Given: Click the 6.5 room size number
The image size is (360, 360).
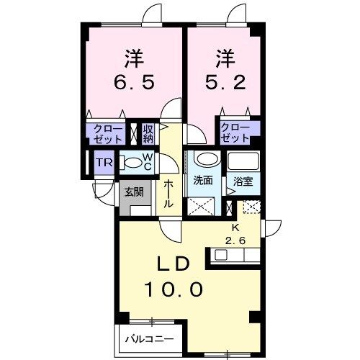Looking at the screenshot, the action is coord(133,82).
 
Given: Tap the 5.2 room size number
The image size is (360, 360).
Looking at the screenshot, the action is coord(225,82).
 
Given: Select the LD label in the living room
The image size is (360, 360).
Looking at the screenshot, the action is coord(174,264).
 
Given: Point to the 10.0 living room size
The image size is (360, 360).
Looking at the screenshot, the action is coord(174,289).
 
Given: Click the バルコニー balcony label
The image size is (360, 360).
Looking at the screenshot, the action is coord(150,339).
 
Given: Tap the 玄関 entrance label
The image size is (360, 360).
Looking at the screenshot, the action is coord(134,192).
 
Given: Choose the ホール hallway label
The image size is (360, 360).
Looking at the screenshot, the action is coord(168,194).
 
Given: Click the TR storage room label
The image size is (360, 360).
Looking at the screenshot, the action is coord(104,163).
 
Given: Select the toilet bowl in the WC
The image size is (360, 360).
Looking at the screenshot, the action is coord(132,163).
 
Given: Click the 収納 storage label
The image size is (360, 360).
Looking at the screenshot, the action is coord(148,134).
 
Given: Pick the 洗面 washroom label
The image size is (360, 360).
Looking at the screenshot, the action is coord(203,181).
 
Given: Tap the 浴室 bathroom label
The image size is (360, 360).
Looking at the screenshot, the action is coord(243,181).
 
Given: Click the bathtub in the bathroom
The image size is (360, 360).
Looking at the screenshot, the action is coord(243,161).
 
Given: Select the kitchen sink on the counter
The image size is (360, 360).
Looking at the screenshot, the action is coord(220,255).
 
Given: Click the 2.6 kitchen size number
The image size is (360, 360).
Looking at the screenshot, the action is coord(235,240).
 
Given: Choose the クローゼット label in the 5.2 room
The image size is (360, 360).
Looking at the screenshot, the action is coord(235,132).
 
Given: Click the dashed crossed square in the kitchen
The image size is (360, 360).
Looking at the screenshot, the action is coord(251,207).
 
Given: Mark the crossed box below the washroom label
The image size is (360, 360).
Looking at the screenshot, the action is coord(201,206).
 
